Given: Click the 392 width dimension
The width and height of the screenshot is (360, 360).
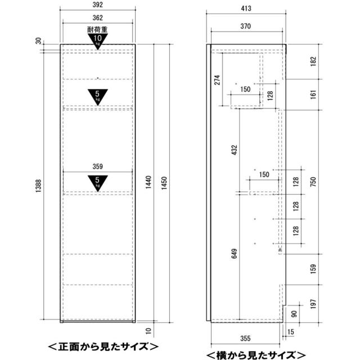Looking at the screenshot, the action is pos(97,4).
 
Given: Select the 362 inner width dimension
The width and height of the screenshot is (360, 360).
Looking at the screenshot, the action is pos(97,17).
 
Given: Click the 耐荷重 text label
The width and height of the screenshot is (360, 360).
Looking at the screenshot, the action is pos(97,30).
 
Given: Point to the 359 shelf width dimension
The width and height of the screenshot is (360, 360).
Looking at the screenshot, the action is pos(97,166).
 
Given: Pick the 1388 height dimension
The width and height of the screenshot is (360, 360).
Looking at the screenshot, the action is pos(38,186).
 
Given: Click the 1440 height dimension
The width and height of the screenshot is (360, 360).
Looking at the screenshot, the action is pos(148,182).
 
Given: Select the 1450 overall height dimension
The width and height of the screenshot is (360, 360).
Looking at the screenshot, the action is pos(164,183).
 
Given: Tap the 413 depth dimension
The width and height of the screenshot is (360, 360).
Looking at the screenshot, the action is pos(246,8).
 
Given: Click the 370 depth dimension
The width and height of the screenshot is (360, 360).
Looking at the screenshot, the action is pos(245,26).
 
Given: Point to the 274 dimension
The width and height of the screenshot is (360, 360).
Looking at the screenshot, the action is pos(217,80).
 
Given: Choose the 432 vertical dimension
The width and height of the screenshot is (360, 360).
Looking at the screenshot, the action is pos(234,150).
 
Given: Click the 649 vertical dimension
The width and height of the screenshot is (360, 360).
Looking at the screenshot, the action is pos(234,254).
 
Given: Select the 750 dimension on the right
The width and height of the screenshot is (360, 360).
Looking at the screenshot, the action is pos(313,182).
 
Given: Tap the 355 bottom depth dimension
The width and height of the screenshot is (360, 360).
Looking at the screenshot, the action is pos(245,338).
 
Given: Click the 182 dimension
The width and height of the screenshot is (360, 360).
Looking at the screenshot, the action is pos(313,61).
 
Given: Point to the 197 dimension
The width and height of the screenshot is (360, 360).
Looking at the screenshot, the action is pos(313,304).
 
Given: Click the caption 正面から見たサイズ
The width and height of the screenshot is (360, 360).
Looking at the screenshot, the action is pos(103,346).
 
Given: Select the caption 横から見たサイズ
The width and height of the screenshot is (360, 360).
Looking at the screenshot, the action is pos(256,355).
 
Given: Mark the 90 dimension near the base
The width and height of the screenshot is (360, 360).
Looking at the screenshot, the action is pos(294,314).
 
